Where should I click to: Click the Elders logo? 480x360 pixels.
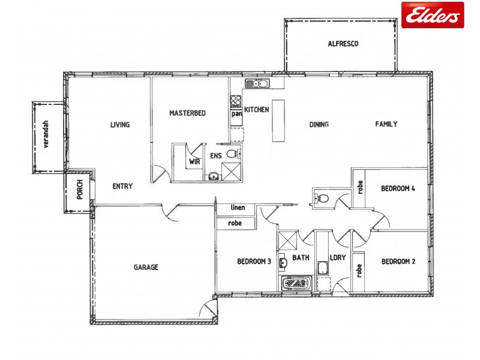click(x=432, y=15)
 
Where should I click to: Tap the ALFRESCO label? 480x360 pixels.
click(x=343, y=43)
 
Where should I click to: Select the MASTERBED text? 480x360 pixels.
click(x=188, y=113)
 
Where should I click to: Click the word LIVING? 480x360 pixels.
click(x=120, y=125)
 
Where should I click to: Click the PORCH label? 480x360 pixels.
click(x=80, y=191)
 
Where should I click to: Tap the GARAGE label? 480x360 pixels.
click(x=146, y=267)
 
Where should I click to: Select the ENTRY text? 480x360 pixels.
click(x=122, y=186)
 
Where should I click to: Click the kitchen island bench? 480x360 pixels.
click(x=278, y=120)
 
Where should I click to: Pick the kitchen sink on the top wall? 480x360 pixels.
click(x=260, y=84)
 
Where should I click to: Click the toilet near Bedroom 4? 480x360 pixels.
click(x=321, y=197)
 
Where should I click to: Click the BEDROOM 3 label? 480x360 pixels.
click(x=254, y=261)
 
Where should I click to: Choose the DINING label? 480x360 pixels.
click(x=319, y=125)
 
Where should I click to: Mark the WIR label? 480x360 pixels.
click(x=194, y=161)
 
